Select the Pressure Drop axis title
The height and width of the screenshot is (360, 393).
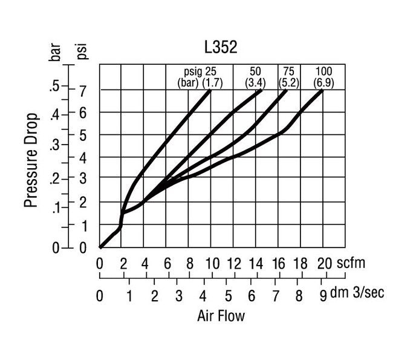32,160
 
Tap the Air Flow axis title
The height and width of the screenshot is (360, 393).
221,316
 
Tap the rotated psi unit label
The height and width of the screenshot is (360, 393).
83,50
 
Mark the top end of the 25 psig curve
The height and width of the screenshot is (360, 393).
210,90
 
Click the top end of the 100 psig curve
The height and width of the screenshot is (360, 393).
322,91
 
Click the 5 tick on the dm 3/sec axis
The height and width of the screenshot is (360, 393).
226,296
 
